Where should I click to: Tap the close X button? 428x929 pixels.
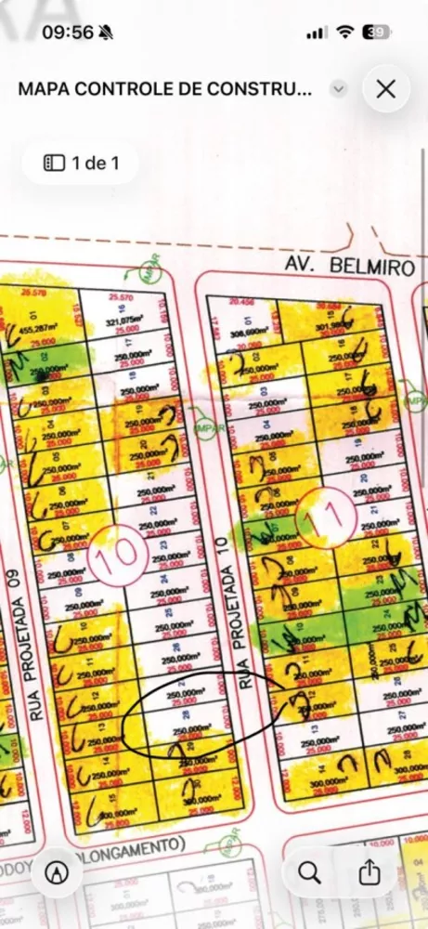click(x=386, y=89)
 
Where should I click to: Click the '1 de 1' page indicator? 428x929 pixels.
click(x=81, y=164)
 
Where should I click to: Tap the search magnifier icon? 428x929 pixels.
click(x=309, y=872)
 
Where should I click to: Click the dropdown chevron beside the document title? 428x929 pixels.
click(x=339, y=89)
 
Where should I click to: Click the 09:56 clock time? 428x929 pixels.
click(x=67, y=33)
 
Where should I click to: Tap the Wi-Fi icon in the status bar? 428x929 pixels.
click(x=345, y=33)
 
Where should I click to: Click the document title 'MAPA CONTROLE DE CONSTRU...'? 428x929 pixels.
click(x=164, y=89)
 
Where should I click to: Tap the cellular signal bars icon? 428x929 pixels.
click(x=317, y=33)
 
